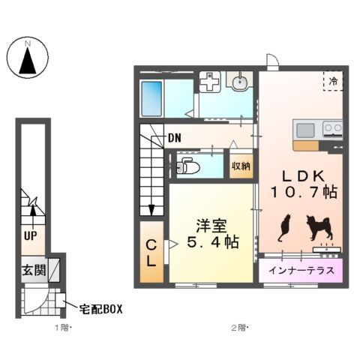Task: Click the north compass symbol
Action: click(28, 58)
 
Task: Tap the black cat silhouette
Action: click(285, 227)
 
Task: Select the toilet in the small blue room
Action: click(185, 166)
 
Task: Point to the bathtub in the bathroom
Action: click(151, 97)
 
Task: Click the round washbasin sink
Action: click(241, 82)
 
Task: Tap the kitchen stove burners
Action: click(332, 129)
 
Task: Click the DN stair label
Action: click(174, 138)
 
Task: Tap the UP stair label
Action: click(31, 235)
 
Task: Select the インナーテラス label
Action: click(301, 271)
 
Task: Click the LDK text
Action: click(302, 175)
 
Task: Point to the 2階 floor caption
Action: click(239, 328)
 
